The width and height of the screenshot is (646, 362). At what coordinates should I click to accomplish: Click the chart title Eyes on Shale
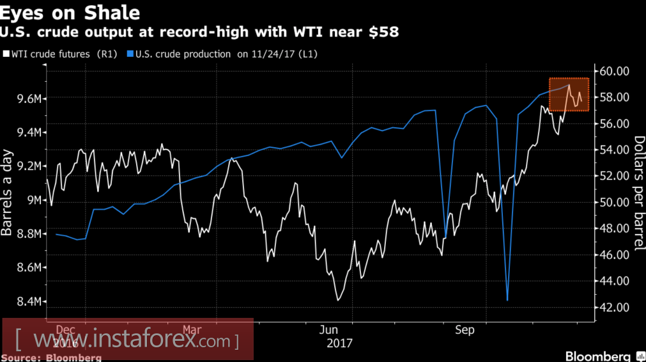click(70, 13)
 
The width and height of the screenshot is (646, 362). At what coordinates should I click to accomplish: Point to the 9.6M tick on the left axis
click(29, 98)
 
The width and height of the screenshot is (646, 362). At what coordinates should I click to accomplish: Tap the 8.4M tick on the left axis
click(29, 301)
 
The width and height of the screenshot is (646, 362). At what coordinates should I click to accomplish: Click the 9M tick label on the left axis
click(33, 200)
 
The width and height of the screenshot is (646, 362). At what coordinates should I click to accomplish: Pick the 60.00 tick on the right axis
click(613, 71)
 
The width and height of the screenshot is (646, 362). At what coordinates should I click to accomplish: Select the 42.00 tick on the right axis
click(613, 308)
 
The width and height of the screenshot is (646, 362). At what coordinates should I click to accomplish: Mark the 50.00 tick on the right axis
click(613, 203)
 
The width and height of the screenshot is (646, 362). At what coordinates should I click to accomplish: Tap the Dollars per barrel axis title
click(638, 186)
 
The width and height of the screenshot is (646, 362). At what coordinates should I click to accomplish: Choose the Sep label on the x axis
click(465, 330)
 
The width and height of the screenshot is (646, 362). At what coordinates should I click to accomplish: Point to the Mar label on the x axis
click(192, 330)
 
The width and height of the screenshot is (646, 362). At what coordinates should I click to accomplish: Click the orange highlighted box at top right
click(569, 95)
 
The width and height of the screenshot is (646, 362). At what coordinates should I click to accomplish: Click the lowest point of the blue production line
click(507, 300)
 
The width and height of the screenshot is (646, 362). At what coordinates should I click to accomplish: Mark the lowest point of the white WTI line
click(337, 300)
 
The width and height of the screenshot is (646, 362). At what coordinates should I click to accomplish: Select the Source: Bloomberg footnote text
click(51, 358)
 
